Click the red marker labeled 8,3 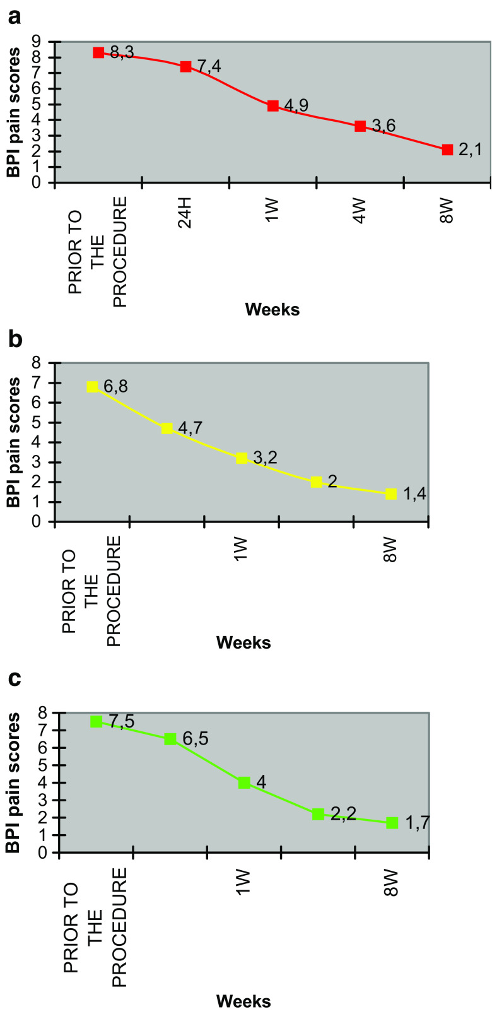pos(98,52)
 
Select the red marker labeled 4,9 pos(272,105)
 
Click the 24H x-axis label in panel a pos(185,215)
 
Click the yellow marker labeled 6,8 pos(93,386)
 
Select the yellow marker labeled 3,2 pos(242,458)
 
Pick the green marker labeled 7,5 pos(96,721)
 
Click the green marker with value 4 pos(244,782)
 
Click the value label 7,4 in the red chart pos(209,66)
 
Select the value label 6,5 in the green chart pos(194,738)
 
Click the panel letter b pos(15,339)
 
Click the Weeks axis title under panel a pos(272,309)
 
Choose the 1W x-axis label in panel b pos(242,550)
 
